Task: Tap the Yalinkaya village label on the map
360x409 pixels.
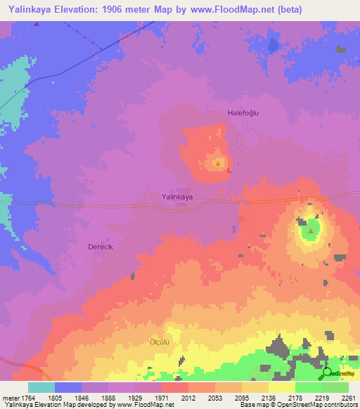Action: [177, 197]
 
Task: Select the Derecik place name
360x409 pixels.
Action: [101, 247]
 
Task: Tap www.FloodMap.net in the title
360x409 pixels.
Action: [245, 10]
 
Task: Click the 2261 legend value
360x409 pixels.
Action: [348, 397]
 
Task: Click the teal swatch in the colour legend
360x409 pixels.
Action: [41, 387]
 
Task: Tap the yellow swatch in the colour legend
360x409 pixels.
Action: [282, 387]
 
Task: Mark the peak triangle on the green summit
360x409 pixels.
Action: [311, 229]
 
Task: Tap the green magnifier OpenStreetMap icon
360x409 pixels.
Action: [327, 373]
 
